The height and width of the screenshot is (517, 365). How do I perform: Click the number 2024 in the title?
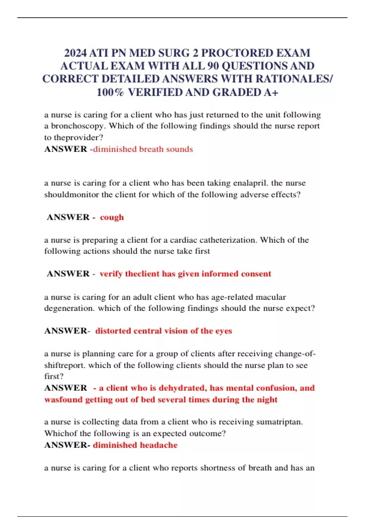coord(75,53)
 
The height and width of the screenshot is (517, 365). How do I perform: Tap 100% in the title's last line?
coord(110,92)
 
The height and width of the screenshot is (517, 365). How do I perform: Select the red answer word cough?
coord(112,217)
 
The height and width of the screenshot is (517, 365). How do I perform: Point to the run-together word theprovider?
coord(78,137)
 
